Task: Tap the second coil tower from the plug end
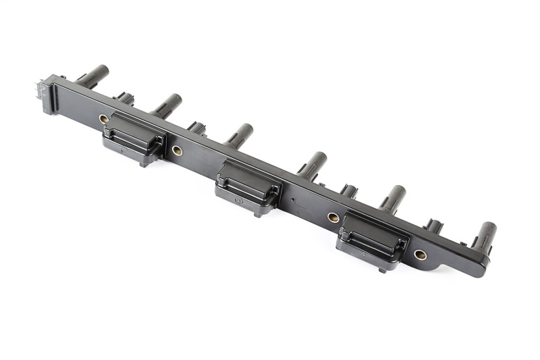coord(167,105)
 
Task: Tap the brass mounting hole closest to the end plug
coord(104,119)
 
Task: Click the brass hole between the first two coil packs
coord(177,151)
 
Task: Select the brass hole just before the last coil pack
coord(333,217)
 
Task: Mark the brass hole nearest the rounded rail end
coord(420,255)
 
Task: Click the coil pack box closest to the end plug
coord(134,136)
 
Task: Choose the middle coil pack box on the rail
coord(248,186)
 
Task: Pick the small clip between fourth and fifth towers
coord(348,190)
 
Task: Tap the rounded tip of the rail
coord(481,269)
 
